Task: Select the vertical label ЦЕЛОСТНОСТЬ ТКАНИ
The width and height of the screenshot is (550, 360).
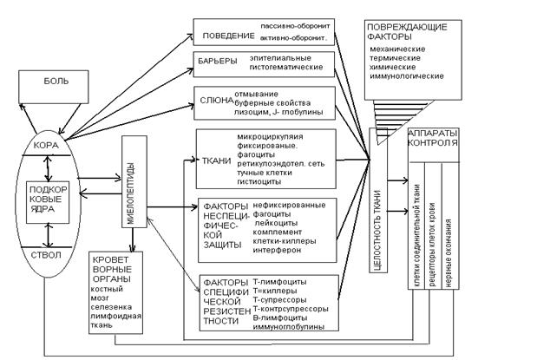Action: [x=379, y=217]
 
